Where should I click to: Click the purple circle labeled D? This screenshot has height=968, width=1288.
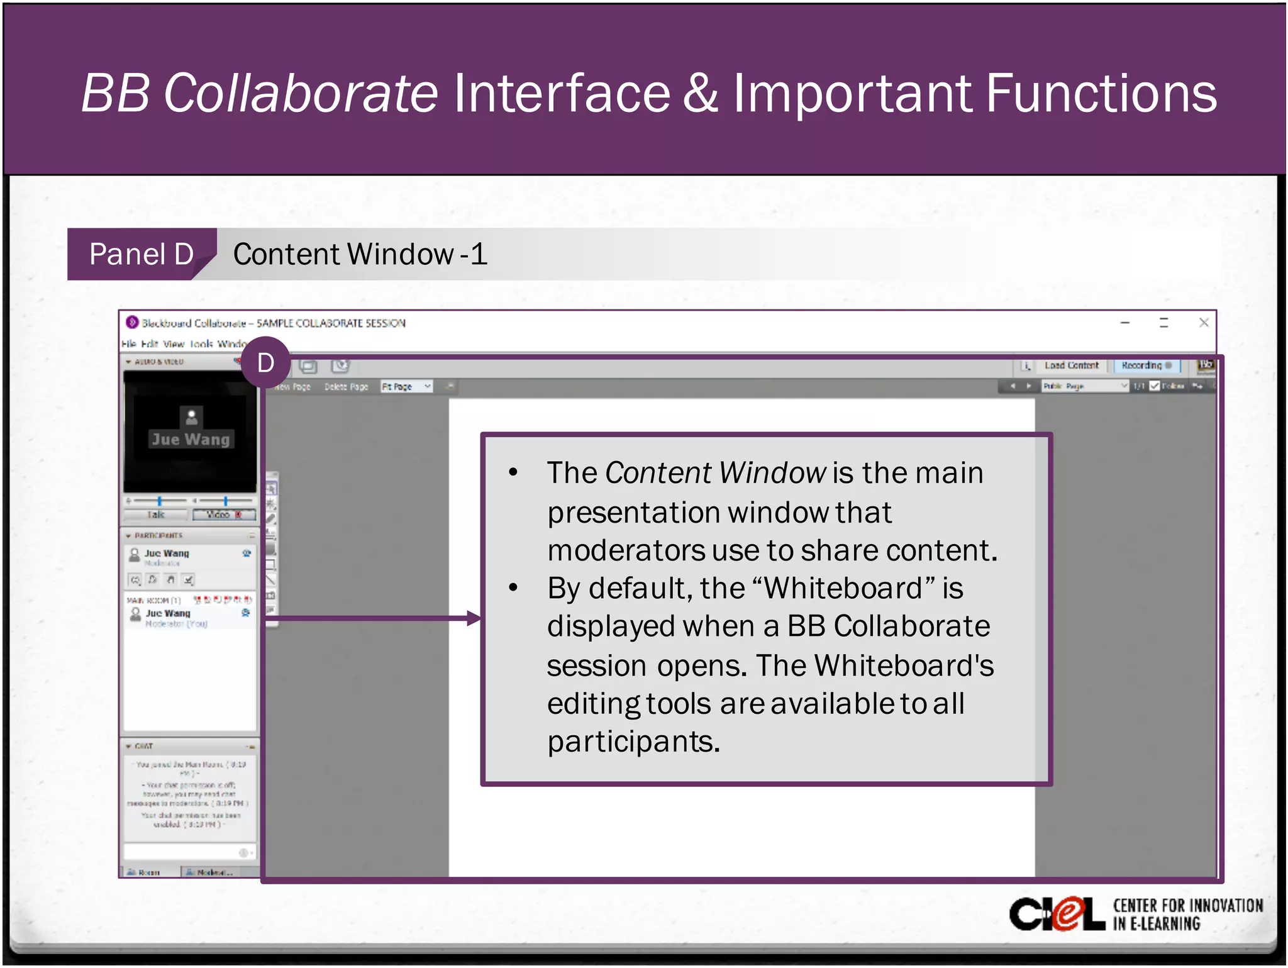pyautogui.click(x=265, y=363)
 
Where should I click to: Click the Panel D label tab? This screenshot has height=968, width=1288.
pyautogui.click(x=141, y=254)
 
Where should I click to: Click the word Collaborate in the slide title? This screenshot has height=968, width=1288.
pyautogui.click(x=300, y=93)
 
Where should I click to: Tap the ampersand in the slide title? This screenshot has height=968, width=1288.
pyautogui.click(x=700, y=93)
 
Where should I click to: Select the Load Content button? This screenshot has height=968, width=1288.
pyautogui.click(x=1071, y=365)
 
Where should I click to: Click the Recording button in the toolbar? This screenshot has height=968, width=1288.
pyautogui.click(x=1146, y=365)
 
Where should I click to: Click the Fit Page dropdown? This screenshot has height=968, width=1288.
pyautogui.click(x=406, y=386)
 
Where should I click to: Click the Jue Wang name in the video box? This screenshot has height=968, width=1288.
pyautogui.click(x=191, y=439)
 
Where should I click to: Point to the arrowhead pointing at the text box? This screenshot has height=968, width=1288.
pyautogui.click(x=475, y=618)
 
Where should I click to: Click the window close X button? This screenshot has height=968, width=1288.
pyautogui.click(x=1204, y=323)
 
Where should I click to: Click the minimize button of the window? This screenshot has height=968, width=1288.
pyautogui.click(x=1125, y=323)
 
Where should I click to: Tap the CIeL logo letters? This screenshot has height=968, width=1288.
pyautogui.click(x=1057, y=915)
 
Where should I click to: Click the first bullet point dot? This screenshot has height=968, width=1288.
pyautogui.click(x=513, y=472)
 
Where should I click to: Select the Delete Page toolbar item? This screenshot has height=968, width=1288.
pyautogui.click(x=346, y=387)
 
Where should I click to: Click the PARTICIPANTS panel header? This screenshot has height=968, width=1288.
pyautogui.click(x=158, y=535)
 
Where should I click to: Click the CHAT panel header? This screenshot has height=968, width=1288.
pyautogui.click(x=144, y=746)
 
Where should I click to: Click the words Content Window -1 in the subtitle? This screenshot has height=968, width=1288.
pyautogui.click(x=360, y=254)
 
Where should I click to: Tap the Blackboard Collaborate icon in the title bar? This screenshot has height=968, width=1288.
pyautogui.click(x=132, y=323)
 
